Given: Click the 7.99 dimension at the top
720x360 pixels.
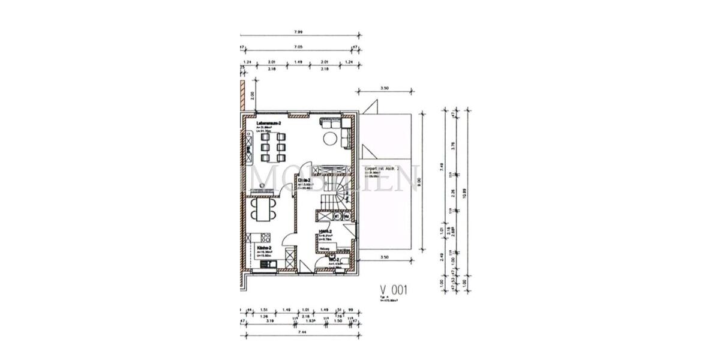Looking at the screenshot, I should pos(298,32).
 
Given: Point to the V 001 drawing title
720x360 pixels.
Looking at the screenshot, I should pos(394,290).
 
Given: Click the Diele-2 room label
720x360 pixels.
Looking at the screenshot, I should pos(304,179).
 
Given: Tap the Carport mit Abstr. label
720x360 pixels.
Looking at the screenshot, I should pos(386,170).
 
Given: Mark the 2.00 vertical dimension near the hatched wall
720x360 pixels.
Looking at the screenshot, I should pos(253,95).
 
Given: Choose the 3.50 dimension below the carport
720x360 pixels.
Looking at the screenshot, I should pos(385,257).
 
